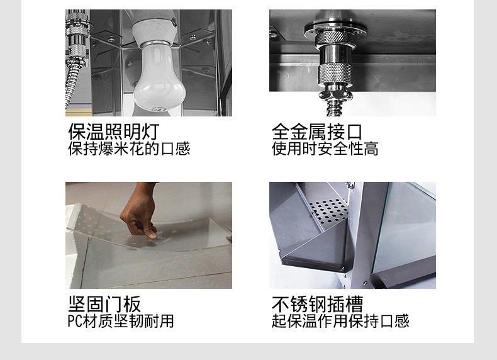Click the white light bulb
153,79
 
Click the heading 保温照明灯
114,132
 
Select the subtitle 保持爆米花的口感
129,149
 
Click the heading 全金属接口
316,132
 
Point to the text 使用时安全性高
325,149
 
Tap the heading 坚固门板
104,304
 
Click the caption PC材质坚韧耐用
121,321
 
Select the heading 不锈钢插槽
317,304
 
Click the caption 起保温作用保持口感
340,321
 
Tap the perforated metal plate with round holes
328,210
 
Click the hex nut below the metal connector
335,94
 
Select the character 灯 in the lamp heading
150,132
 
